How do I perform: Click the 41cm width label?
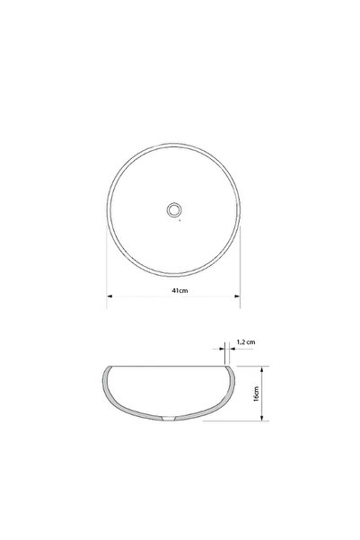[180, 290]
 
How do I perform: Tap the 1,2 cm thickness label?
[246, 342]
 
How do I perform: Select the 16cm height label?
[256, 394]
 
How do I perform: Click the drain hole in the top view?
[174, 209]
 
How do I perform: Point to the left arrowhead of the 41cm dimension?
[110, 296]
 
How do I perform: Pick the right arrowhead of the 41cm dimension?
[237, 296]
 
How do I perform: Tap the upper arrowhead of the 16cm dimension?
[262, 369]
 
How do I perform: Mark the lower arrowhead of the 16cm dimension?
[262, 418]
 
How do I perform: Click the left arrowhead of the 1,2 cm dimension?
[222, 349]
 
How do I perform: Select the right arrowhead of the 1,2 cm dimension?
[232, 349]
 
